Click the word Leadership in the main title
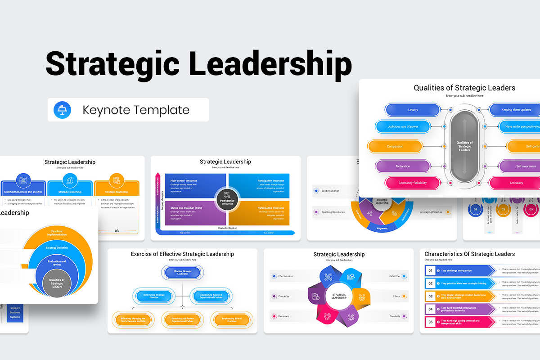click(x=270, y=64)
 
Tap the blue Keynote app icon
click(x=62, y=110)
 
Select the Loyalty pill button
click(x=413, y=110)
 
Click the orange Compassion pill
click(x=395, y=146)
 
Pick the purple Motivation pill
click(x=403, y=166)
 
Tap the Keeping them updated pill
click(x=516, y=110)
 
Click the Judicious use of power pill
click(x=403, y=126)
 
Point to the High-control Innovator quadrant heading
click(x=184, y=181)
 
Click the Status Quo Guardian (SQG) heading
click(x=186, y=208)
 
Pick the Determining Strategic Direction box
click(x=154, y=296)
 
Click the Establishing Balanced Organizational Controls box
click(x=208, y=296)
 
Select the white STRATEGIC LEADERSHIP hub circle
click(x=339, y=296)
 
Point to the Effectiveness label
click(x=285, y=276)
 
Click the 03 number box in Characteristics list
click(x=430, y=296)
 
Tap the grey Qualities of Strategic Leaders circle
click(x=57, y=284)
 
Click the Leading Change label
click(x=330, y=191)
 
